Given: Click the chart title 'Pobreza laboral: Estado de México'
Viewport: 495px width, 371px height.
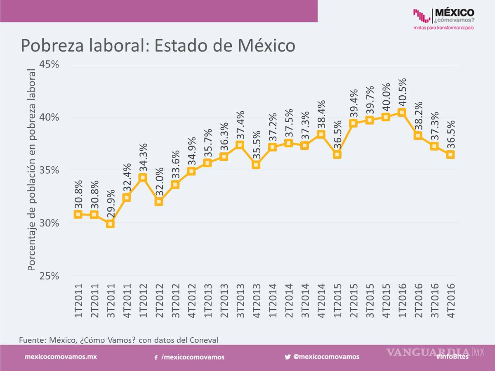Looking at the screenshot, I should pyautogui.click(x=158, y=46).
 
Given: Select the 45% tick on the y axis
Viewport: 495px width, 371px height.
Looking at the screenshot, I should pyautogui.click(x=49, y=64).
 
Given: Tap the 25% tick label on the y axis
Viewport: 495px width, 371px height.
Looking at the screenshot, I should pyautogui.click(x=49, y=276).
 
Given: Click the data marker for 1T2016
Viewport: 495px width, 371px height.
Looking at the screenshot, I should pyautogui.click(x=402, y=112).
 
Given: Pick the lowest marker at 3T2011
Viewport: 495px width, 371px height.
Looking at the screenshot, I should pyautogui.click(x=110, y=224).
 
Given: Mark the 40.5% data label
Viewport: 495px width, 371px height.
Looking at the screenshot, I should pyautogui.click(x=402, y=93).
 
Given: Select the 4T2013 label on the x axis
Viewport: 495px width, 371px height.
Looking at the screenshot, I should pyautogui.click(x=256, y=300).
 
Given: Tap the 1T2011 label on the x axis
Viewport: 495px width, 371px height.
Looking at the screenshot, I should pyautogui.click(x=78, y=300).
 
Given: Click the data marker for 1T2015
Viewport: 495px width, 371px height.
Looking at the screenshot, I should pyautogui.click(x=337, y=154).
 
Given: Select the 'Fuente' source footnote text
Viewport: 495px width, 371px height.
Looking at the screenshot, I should pyautogui.click(x=118, y=340).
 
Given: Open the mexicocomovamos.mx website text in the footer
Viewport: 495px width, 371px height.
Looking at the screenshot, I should pyautogui.click(x=61, y=357).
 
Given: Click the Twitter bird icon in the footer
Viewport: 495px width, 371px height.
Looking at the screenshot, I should pyautogui.click(x=288, y=357).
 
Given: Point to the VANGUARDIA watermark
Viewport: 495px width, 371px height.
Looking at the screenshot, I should pyautogui.click(x=429, y=352).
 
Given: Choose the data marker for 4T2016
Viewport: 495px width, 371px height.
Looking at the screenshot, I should pyautogui.click(x=450, y=154).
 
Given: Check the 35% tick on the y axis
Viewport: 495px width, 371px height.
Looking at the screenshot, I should pyautogui.click(x=49, y=170).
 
